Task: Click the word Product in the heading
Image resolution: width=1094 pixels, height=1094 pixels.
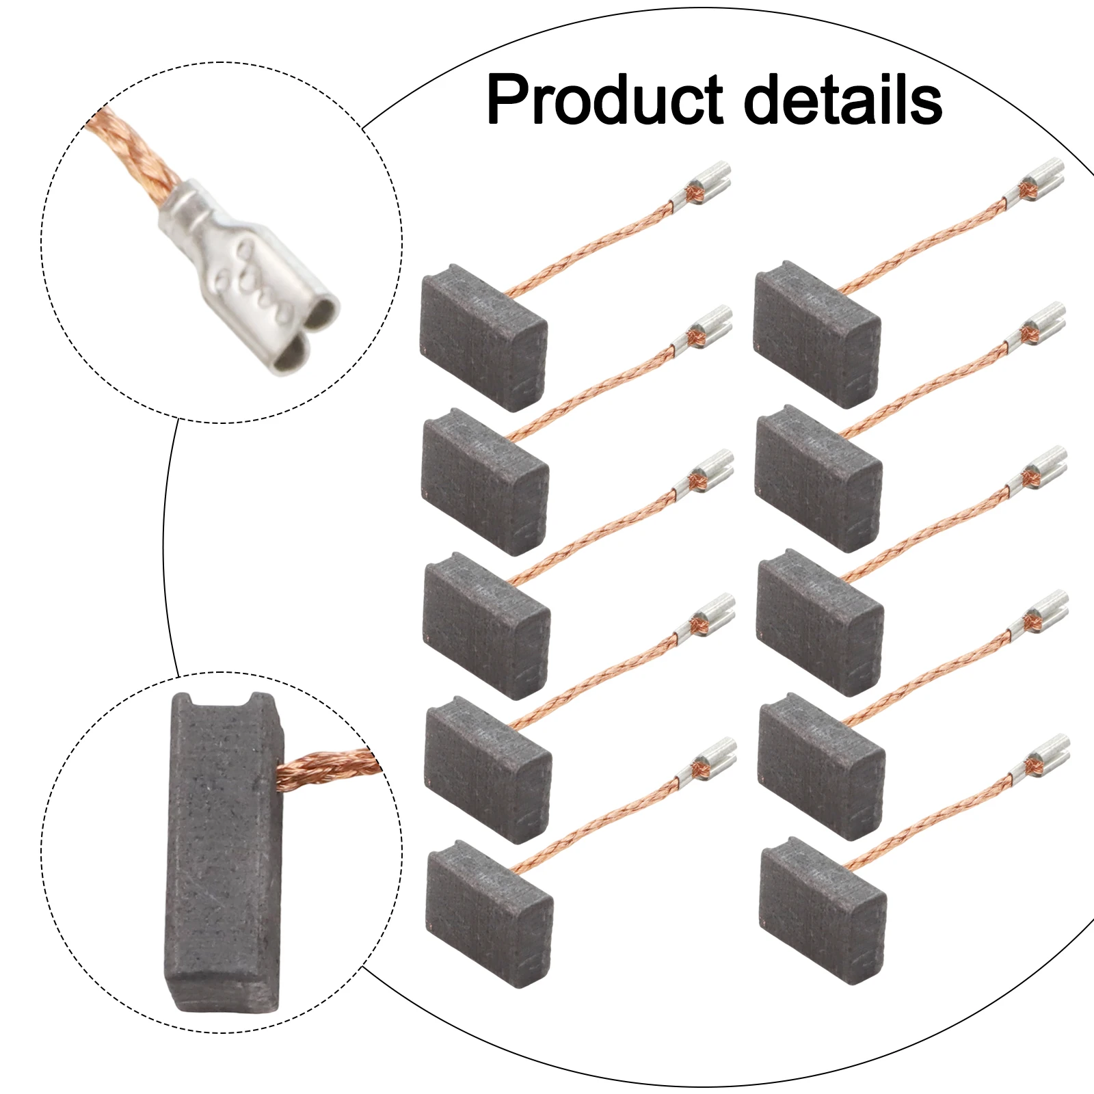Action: pos(605,101)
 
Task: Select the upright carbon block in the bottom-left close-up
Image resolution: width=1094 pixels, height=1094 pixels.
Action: pos(223,855)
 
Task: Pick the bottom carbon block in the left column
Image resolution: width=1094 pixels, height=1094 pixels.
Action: pos(488,912)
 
